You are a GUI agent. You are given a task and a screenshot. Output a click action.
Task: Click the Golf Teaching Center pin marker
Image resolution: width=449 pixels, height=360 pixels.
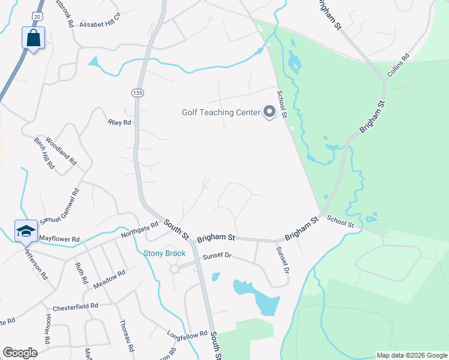[269, 112]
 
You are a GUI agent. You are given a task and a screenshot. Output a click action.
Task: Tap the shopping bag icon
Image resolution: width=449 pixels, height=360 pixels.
[34, 38]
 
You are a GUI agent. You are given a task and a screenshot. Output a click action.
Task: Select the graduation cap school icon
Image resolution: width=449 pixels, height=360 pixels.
[26, 231]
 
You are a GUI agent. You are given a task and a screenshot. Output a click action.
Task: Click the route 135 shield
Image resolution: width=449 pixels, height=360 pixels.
[138, 92]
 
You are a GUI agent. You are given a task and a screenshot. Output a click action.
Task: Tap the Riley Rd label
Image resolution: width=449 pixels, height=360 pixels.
[119, 122]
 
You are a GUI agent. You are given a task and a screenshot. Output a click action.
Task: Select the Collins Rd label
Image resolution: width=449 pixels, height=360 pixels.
[398, 65]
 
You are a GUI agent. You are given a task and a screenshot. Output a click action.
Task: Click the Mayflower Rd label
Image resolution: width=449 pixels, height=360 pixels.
[59, 239]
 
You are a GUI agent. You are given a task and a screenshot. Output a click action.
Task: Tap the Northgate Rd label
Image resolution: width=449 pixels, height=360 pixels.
[139, 230]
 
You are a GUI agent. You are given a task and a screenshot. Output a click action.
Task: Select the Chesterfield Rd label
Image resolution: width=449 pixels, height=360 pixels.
[75, 307]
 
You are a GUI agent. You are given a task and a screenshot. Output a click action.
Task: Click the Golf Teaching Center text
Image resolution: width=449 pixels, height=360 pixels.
[221, 112]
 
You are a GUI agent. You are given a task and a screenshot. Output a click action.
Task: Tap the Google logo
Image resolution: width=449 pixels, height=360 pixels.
[20, 353]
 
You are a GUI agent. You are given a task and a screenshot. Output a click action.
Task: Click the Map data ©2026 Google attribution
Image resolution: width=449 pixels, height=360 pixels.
[412, 355]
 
